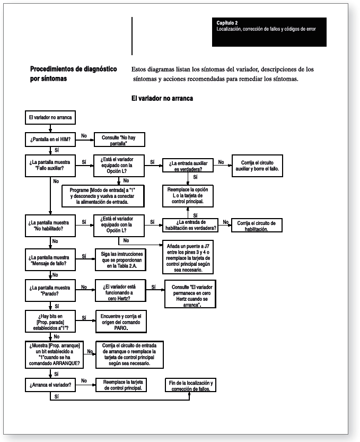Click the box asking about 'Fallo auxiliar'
tap(49, 163)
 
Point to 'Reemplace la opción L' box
tap(188, 195)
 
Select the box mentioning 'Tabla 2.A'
tap(119, 260)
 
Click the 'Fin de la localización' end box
tap(189, 386)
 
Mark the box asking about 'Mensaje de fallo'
tap(49, 260)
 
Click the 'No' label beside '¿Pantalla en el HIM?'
tap(84, 136)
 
